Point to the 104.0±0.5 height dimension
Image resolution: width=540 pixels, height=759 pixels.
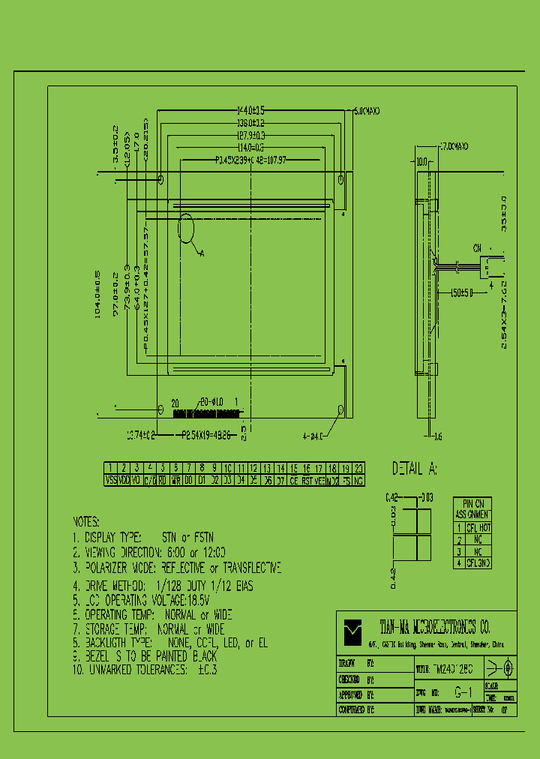coord(97,295)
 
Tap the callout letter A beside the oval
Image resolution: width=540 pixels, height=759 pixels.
coord(202,253)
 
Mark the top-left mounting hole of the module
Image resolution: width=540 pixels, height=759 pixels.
coord(161,180)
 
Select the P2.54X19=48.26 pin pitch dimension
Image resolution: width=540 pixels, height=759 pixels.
coord(207,434)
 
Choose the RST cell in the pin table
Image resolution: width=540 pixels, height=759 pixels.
coord(306,480)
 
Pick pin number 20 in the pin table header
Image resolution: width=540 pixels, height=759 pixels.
coord(358,468)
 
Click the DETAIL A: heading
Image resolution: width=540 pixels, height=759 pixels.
coord(415,469)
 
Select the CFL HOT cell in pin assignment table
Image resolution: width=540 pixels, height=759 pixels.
coord(478,528)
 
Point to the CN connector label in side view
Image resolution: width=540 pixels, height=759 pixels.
coord(477,247)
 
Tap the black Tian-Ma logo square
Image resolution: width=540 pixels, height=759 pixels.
coord(352,631)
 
